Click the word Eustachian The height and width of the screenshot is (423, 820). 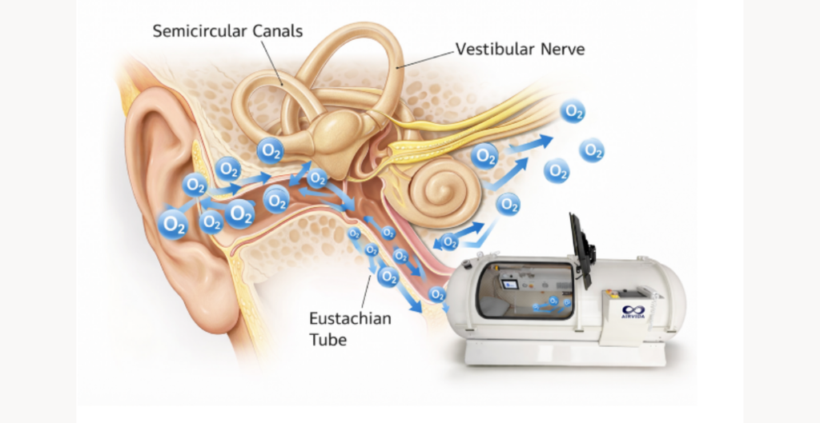[x=350, y=318]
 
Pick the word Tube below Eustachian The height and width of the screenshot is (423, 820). [x=328, y=340]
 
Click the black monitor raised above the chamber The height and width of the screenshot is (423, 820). [x=581, y=249]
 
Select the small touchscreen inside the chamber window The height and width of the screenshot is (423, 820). [x=509, y=285]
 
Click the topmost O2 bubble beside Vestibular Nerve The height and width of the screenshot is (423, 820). [x=573, y=111]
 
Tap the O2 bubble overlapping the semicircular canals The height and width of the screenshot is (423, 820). [x=271, y=151]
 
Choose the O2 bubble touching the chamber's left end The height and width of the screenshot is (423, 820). [x=437, y=294]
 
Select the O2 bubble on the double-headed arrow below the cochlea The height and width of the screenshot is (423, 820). [x=449, y=241]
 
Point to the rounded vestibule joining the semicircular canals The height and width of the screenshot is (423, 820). [x=336, y=131]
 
